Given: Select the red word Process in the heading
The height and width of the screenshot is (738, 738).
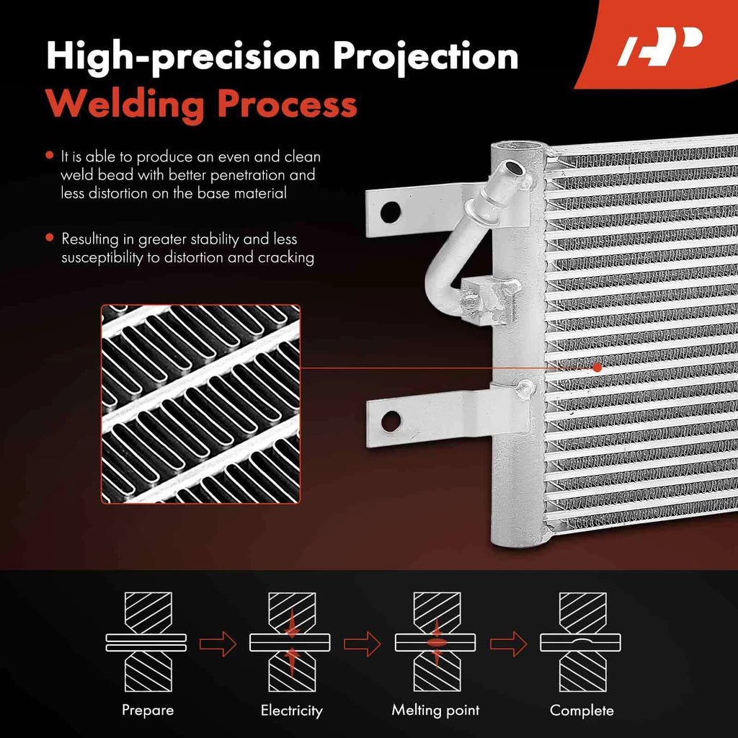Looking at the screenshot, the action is coord(287,104).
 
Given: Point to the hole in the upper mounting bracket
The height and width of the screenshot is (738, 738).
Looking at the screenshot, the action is coord(390,213).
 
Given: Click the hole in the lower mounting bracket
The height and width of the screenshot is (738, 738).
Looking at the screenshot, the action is coord(391,421).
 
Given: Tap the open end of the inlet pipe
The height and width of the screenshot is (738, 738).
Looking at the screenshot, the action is coord(513,167).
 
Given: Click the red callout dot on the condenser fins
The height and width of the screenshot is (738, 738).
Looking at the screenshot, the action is coord(597,368).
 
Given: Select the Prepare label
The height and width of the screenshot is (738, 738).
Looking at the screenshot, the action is coord(148,710).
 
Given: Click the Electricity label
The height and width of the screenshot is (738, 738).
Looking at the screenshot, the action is coord(292,710).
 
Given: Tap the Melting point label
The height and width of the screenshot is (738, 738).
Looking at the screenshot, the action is coord(435,710).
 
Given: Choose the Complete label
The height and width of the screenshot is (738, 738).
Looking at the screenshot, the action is coord(582,710).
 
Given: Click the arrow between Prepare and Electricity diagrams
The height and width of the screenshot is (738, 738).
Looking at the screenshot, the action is coord(218,644).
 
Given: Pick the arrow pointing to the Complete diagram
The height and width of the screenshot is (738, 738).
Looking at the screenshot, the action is coord(509,644).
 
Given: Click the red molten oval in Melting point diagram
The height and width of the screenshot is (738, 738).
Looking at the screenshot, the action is coord(436,642).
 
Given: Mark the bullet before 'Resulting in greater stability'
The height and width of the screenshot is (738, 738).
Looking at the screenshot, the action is coord(50,238).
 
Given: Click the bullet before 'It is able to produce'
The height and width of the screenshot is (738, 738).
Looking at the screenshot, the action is coord(50,156).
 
